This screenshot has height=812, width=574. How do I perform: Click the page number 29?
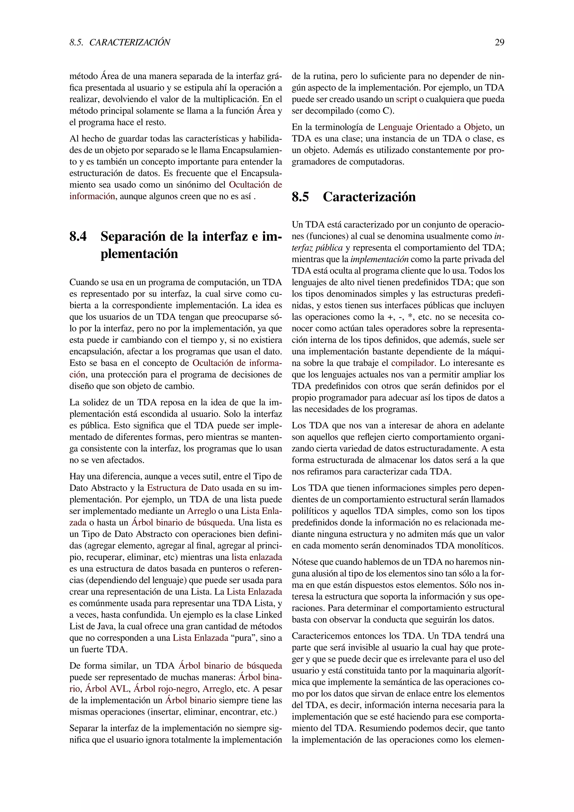pos(499,42)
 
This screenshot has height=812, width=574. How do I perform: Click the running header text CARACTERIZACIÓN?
pos(129,42)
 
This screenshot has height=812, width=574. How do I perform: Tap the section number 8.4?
pos(78,236)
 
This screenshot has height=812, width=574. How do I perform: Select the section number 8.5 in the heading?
pos(300,197)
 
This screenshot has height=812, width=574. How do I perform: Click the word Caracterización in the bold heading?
pos(369,197)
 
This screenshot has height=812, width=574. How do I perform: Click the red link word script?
pos(406,99)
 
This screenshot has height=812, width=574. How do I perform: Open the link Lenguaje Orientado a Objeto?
pos(434,127)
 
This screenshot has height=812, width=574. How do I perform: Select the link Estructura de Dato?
pos(183,488)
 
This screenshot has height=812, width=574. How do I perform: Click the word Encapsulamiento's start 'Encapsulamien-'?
pos(252,150)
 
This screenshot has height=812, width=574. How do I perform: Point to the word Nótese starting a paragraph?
pos(305,562)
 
